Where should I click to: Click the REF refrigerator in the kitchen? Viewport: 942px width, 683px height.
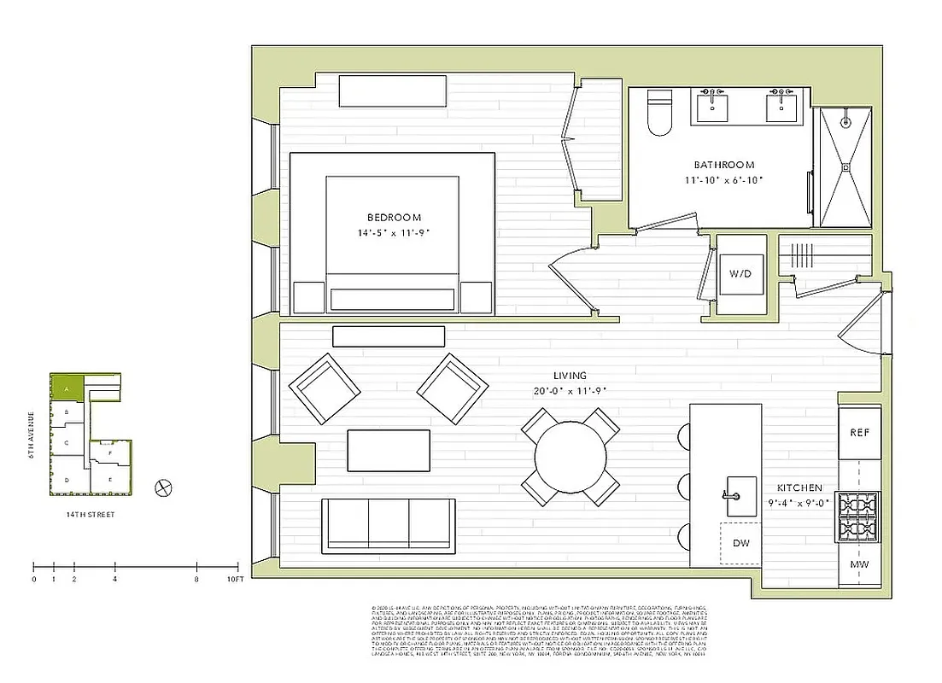[x=859, y=432]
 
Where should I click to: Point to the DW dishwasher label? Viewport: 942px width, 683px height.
[x=740, y=543]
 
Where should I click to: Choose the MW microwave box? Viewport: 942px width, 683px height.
[x=859, y=565]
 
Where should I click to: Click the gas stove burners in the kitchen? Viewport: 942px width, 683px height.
[x=858, y=517]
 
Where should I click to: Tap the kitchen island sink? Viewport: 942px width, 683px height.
[x=740, y=493]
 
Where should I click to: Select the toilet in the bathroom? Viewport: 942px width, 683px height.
[x=660, y=113]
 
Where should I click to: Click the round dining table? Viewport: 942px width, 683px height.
[x=570, y=456]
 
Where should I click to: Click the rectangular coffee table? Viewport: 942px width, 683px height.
[x=389, y=450]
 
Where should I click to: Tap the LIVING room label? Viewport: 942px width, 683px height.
[x=570, y=376]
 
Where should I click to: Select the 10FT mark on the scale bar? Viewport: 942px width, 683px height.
[x=236, y=579]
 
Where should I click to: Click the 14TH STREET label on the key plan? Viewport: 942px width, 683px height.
[x=91, y=515]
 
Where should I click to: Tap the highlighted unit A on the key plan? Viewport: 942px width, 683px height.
[x=67, y=388]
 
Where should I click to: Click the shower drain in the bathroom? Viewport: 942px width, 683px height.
[x=845, y=167]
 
